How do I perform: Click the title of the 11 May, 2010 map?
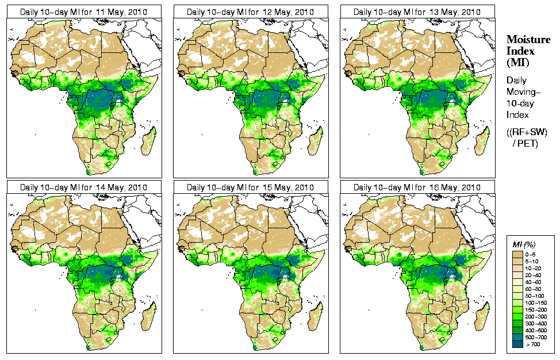pos(84,12)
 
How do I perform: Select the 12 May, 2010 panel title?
pos(251,12)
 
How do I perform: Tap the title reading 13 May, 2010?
pos(417,12)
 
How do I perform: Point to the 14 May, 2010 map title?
pos(84,187)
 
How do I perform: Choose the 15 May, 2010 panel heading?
pos(251,187)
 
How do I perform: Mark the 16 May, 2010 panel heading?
pos(417,187)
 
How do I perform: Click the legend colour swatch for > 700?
pos(517,343)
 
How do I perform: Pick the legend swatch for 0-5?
pos(517,254)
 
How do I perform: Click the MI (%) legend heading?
pos(523,245)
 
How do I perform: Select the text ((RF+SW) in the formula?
pos(527,132)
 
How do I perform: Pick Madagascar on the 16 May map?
pos(482,316)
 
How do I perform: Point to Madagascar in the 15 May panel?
pos(315,316)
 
